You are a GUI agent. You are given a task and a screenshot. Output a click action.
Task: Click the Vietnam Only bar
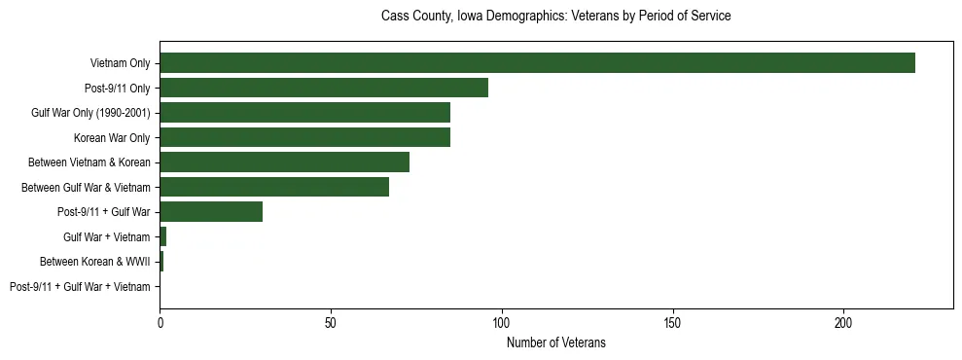point(537,63)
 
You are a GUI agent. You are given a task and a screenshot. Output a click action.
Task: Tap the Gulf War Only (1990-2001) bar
point(304,113)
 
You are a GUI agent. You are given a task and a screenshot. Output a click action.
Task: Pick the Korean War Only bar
point(304,137)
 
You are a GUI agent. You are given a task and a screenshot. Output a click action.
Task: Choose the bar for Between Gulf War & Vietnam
point(274,187)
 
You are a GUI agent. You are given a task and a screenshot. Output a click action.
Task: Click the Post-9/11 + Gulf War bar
point(211,212)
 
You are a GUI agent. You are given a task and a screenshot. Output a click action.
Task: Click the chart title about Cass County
point(555,17)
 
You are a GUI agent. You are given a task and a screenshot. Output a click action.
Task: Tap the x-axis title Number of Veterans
point(555,342)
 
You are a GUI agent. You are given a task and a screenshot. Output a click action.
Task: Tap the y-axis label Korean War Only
point(112,137)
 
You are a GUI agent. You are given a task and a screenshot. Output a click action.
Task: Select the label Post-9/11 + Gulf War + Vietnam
point(80,287)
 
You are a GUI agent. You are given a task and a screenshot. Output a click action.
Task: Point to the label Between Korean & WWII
point(94,262)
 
